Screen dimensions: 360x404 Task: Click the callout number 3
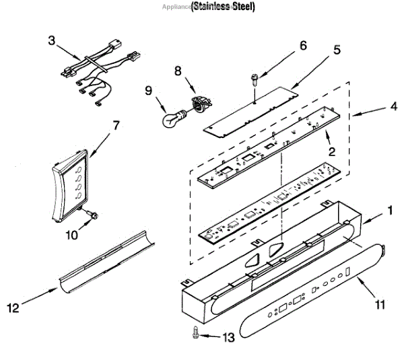tap(51, 40)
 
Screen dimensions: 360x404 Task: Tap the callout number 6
tap(302, 46)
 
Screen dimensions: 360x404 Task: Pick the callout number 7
tap(116, 125)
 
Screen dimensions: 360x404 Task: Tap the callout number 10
tap(70, 236)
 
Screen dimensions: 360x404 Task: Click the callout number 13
tap(230, 337)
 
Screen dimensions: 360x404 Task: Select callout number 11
tap(380, 305)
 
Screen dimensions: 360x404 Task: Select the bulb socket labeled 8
tap(199, 104)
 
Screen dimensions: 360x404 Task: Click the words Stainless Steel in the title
tap(223, 7)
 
